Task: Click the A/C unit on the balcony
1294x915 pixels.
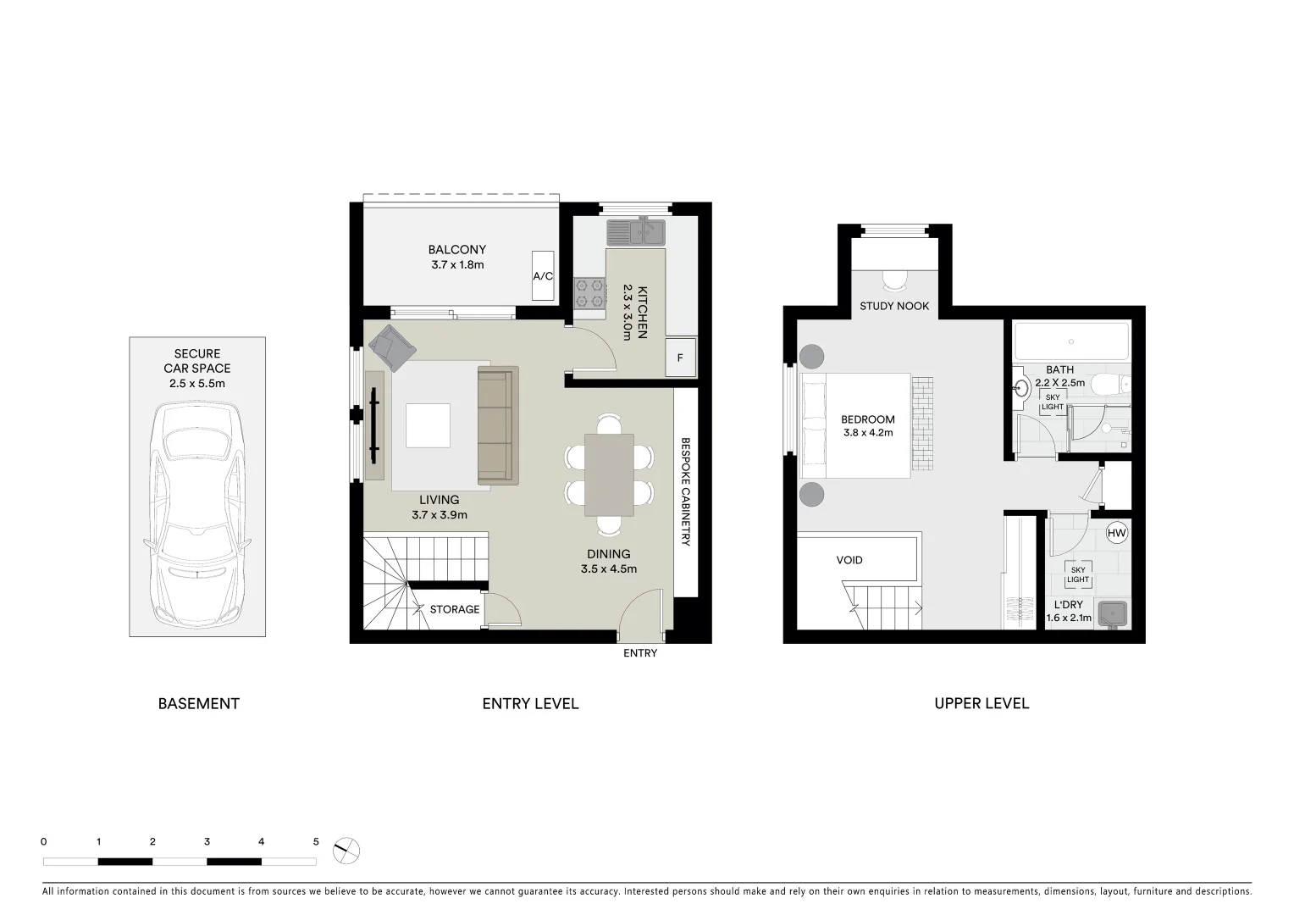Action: (x=543, y=275)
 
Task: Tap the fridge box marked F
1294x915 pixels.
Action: (x=680, y=358)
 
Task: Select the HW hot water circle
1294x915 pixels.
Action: (x=1117, y=533)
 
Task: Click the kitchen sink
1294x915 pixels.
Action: (x=635, y=231)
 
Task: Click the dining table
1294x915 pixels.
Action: (x=609, y=474)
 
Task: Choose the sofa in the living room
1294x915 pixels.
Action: (x=497, y=424)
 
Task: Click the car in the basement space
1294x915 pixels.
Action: (x=197, y=513)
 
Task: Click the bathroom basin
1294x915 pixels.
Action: (x=1022, y=389)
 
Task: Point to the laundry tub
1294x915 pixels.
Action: (x=1114, y=613)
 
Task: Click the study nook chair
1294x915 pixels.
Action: (x=894, y=279)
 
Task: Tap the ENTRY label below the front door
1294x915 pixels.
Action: (x=639, y=653)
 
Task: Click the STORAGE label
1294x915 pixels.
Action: (x=454, y=609)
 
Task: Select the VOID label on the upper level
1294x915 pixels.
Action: (x=849, y=560)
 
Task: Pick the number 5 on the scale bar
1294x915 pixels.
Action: (x=316, y=842)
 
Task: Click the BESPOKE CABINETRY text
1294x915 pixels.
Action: (x=686, y=491)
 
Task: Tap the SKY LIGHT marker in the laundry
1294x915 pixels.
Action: (x=1077, y=575)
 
